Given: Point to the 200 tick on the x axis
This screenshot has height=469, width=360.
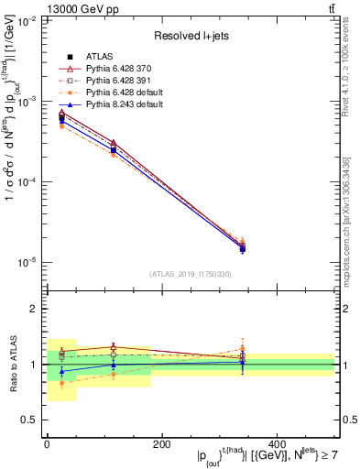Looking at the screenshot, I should coord(161,442).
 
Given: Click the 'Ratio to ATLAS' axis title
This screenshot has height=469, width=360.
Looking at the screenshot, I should coord(12,365).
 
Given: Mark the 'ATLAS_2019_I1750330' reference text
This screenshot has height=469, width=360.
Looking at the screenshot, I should coord(190,274).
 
